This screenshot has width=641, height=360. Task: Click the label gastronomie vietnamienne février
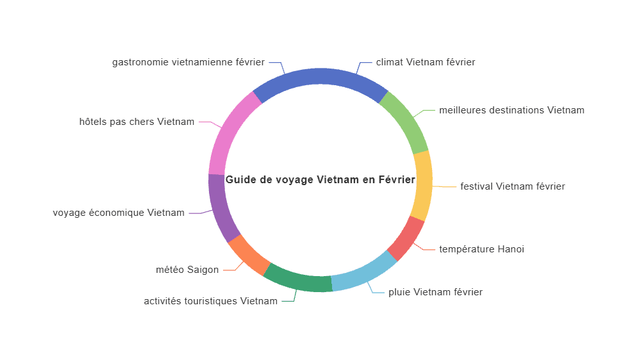[188, 62]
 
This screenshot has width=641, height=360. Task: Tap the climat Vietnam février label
[426, 62]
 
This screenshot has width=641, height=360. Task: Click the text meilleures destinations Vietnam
[512, 110]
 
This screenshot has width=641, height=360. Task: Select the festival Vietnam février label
[513, 186]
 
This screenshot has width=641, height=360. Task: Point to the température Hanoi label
[481, 249]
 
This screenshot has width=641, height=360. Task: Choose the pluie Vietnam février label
[435, 292]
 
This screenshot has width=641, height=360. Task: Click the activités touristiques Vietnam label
[210, 301]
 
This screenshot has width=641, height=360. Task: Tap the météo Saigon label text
[187, 270]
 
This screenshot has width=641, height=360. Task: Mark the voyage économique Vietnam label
[119, 213]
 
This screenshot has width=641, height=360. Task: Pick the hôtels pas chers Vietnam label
[137, 122]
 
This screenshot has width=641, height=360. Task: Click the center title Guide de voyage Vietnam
[320, 180]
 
